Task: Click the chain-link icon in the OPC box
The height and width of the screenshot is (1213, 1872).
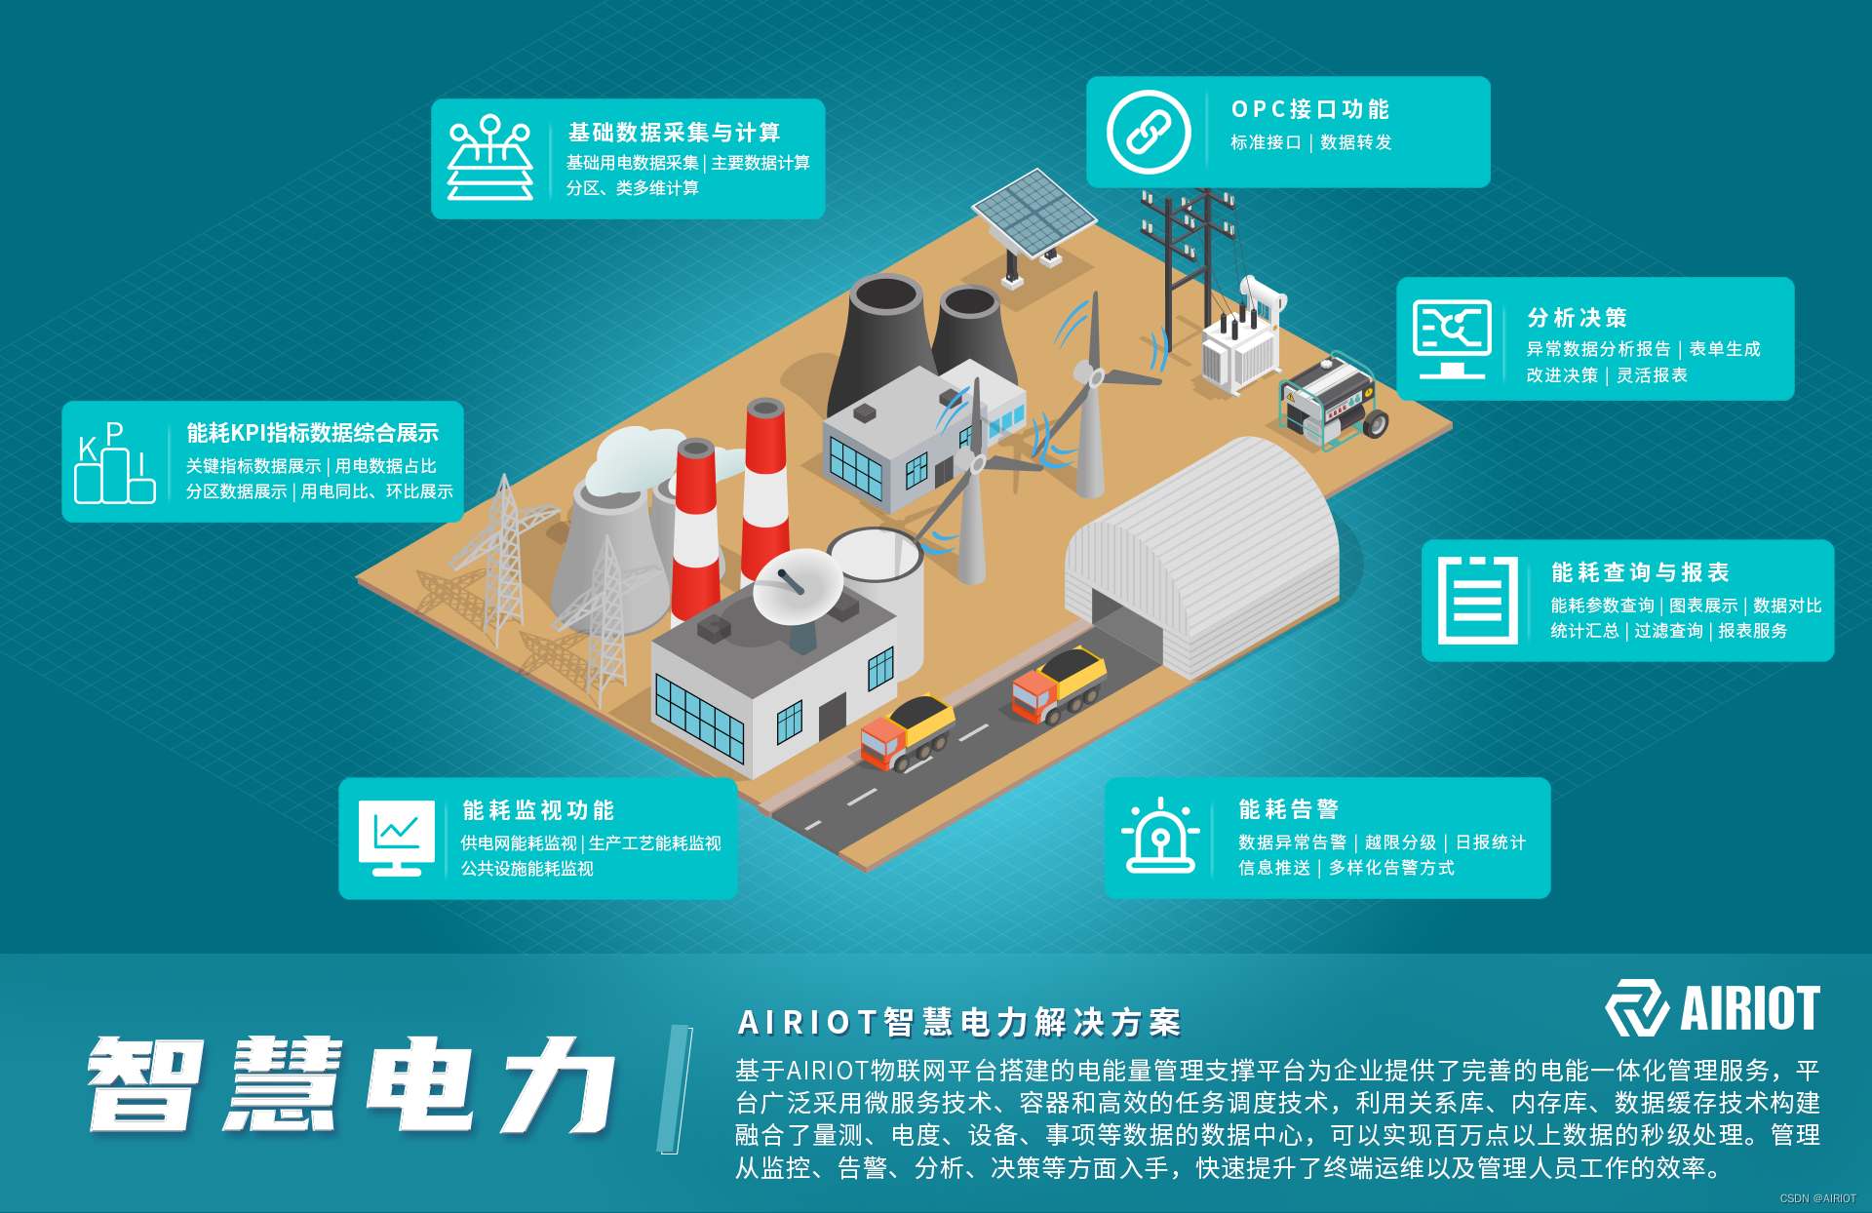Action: pos(1149,132)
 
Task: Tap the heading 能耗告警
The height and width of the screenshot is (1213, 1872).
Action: pos(1288,809)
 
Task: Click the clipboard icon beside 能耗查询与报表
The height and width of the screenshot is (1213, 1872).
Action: pos(1477,600)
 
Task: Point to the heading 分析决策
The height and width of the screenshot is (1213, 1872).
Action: pos(1577,318)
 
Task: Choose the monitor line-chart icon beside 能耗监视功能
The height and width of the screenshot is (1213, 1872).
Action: pos(397,838)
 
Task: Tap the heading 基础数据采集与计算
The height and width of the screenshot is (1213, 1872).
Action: pos(674,133)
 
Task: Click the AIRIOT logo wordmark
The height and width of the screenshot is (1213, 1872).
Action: pos(1749,1008)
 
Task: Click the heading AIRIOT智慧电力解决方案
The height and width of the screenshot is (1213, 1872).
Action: pos(959,1023)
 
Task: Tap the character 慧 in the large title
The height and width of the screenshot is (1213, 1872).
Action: pos(283,1084)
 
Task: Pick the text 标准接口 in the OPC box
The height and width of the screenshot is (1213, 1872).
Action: pos(1266,142)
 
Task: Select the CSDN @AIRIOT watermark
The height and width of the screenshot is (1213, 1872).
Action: pos(1817,1198)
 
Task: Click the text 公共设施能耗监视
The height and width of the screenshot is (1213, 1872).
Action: pos(526,869)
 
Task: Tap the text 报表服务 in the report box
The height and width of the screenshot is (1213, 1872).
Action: pos(1752,631)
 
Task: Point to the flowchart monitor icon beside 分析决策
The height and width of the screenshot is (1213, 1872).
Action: pos(1452,337)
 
